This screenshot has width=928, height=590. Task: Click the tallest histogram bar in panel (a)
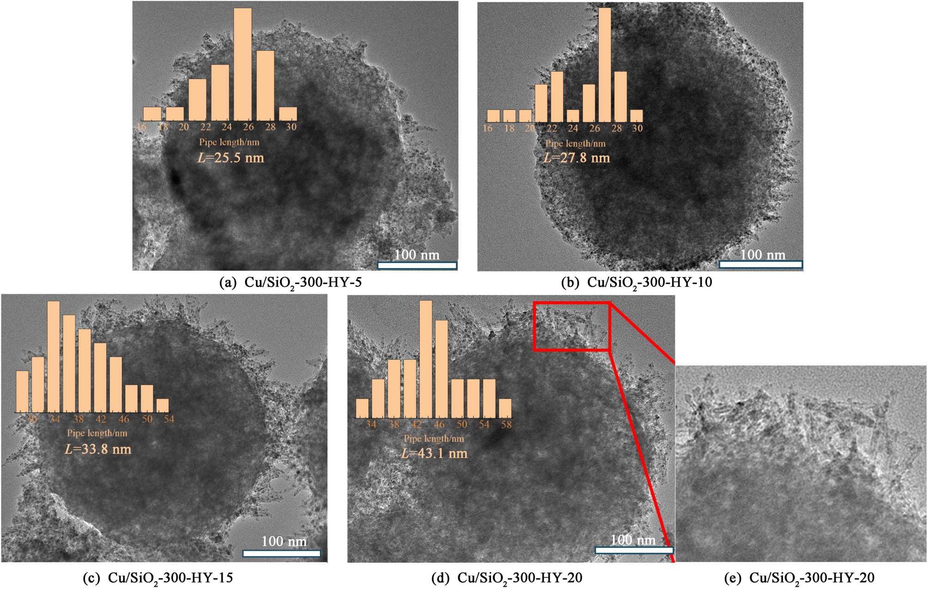243,64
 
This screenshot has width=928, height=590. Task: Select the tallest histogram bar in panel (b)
605,65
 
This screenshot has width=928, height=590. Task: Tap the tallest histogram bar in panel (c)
54,356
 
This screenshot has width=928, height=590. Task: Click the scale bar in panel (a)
417,265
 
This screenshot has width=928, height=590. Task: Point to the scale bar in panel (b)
761,264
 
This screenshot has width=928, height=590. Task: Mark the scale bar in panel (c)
282,553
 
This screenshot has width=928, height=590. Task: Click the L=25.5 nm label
230,158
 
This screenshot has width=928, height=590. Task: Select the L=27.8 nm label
576,158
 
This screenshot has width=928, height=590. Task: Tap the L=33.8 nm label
98,449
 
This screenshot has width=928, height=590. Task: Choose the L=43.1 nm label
434,453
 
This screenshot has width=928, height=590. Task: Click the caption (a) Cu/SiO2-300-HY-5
291,283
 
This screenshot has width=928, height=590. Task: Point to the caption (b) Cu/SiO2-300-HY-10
637,283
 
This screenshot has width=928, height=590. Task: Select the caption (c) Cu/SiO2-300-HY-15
158,578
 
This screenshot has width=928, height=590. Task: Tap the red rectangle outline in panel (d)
572,303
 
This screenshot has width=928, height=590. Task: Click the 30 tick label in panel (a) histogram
291,127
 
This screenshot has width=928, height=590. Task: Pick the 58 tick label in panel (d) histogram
506,424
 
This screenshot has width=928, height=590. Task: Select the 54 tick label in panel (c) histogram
169,419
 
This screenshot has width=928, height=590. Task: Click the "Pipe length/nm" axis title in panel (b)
575,143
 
